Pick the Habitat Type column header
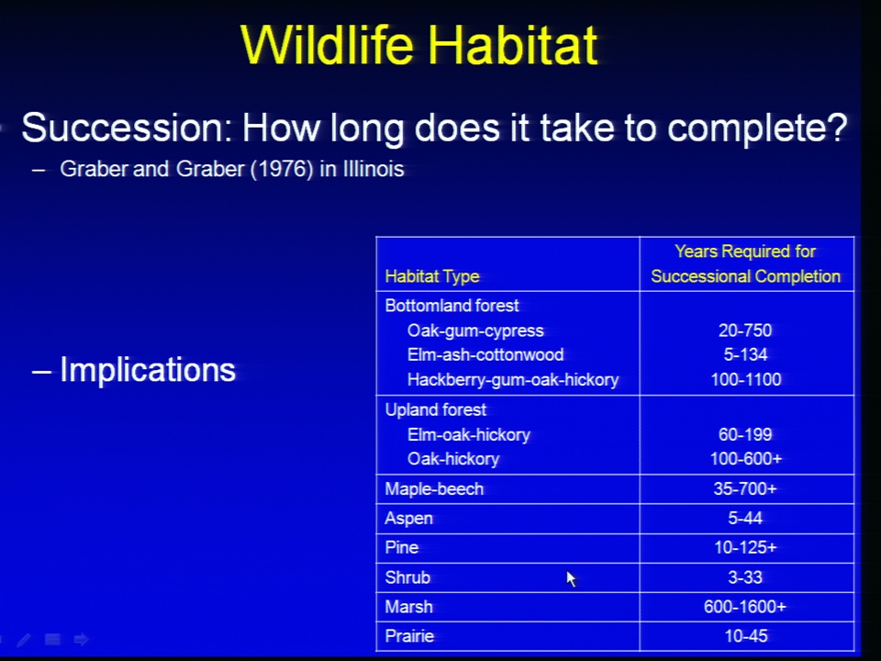[432, 276]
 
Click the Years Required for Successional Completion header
[745, 263]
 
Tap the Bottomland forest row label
[452, 306]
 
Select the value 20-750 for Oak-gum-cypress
[745, 330]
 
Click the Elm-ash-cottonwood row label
[485, 354]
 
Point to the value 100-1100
[745, 379]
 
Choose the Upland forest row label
[435, 409]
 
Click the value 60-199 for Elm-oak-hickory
[745, 434]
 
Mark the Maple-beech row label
[434, 489]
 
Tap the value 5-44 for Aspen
[745, 518]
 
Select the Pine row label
[402, 547]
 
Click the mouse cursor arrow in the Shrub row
[572, 579]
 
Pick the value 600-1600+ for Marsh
[745, 607]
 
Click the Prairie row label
[409, 636]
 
